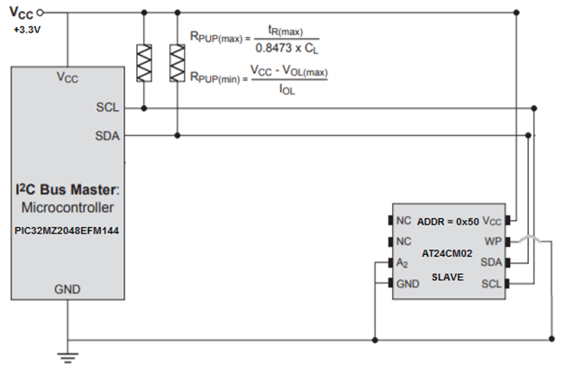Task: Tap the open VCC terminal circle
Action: (x=40, y=12)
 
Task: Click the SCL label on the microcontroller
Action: (x=107, y=107)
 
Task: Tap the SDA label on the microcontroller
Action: (x=107, y=135)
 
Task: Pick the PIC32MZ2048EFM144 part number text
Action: (x=68, y=230)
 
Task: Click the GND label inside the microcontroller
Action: (x=68, y=289)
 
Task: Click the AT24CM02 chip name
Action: (x=448, y=254)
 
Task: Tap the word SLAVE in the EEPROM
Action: (x=447, y=277)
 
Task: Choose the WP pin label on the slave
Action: (x=492, y=241)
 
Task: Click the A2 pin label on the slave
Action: (x=403, y=263)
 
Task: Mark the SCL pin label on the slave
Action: (x=491, y=285)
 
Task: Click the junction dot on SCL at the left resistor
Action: (x=143, y=108)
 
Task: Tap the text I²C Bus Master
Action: (x=65, y=191)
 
